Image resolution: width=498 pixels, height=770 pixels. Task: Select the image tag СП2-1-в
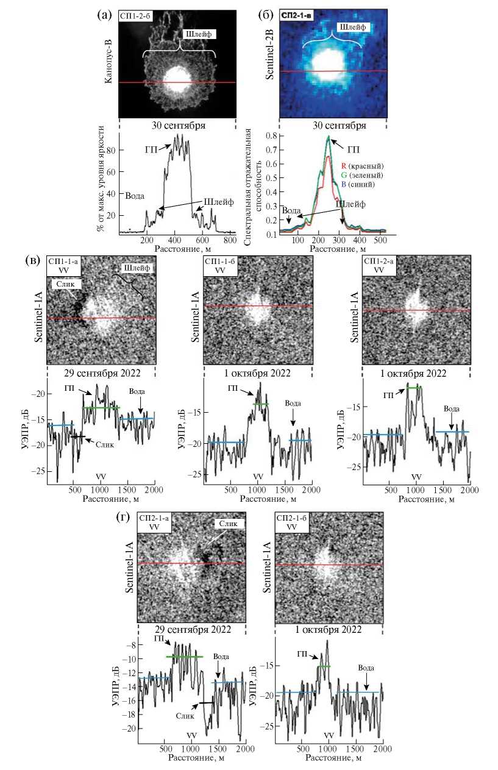[x=296, y=15]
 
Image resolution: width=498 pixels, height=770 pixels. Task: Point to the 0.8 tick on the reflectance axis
[x=272, y=135]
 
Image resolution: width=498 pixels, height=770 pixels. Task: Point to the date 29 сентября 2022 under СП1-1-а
[x=101, y=374]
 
